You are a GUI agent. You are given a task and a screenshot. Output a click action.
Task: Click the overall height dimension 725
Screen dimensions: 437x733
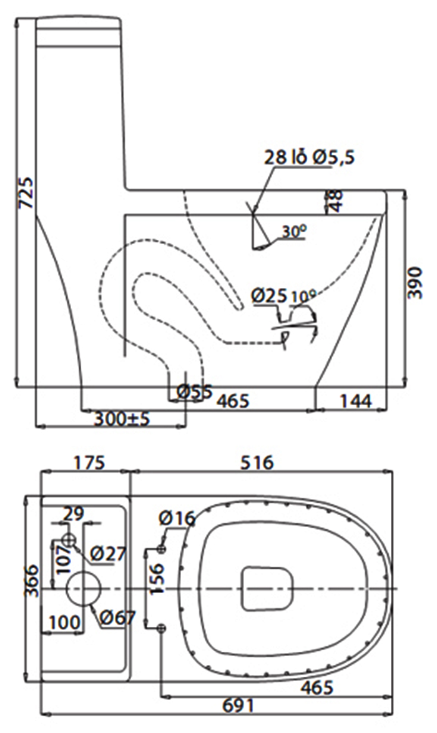26,192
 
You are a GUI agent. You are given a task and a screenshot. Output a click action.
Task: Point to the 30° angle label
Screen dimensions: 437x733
294,231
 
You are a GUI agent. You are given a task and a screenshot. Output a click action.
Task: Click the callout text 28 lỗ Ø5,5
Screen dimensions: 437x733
310,157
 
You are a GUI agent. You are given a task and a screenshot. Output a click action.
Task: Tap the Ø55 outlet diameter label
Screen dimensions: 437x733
195,391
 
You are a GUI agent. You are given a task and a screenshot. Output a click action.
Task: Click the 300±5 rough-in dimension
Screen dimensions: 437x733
122,418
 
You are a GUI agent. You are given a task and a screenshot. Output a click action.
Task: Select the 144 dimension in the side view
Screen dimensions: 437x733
355,401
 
